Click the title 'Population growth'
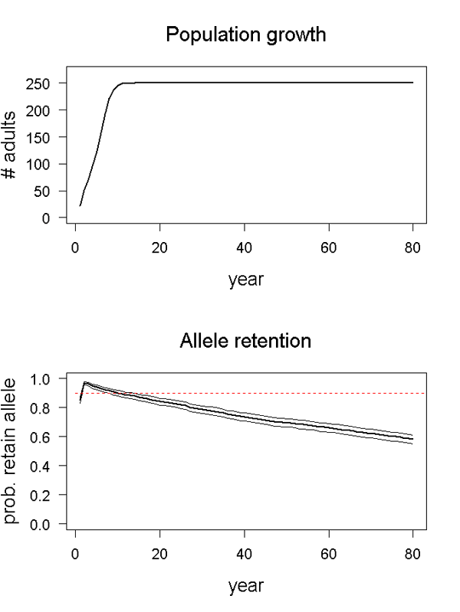pyautogui.click(x=245, y=34)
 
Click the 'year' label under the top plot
pyautogui.click(x=245, y=280)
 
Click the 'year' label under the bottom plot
pyautogui.click(x=245, y=587)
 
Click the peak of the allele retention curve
pyautogui.click(x=84, y=381)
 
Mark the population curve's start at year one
pyautogui.click(x=80, y=205)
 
